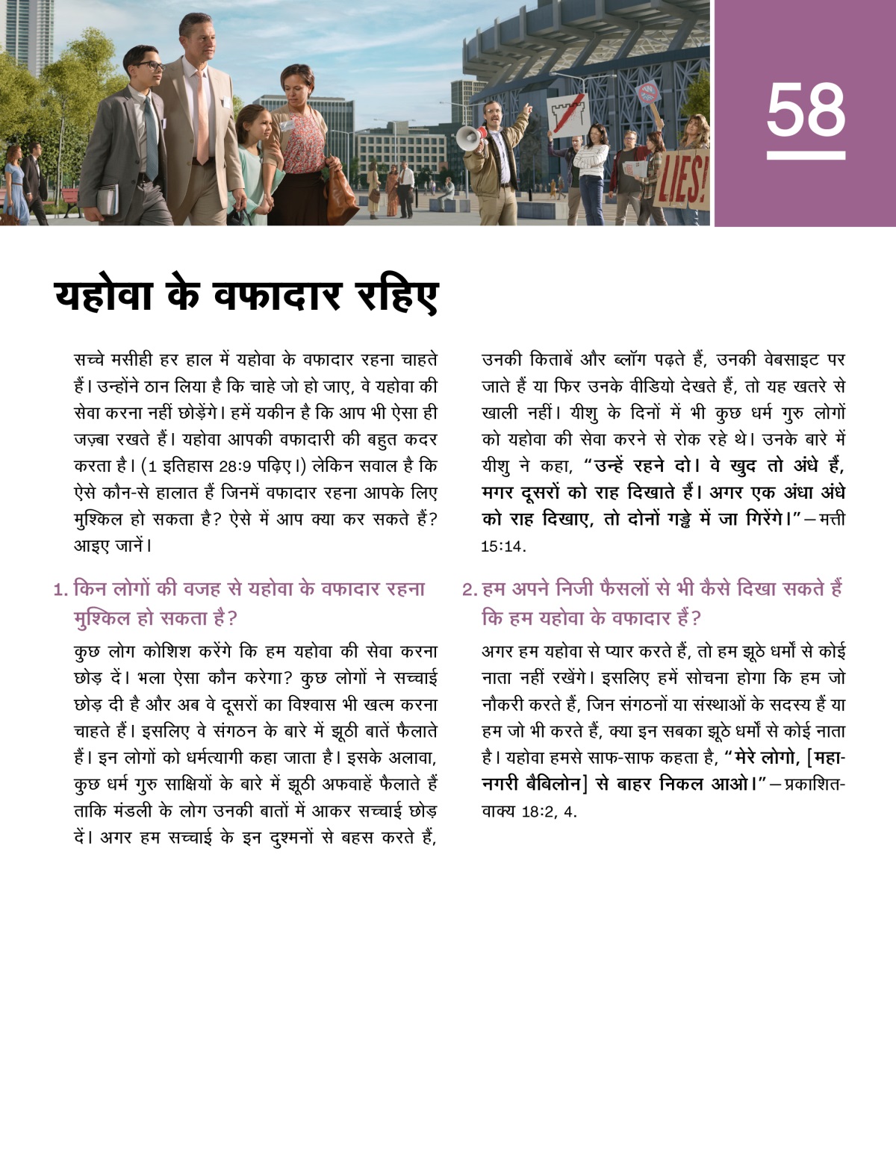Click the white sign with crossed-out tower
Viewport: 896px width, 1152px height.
click(x=568, y=115)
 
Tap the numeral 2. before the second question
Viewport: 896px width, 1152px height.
click(x=469, y=590)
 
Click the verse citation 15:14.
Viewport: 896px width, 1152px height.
click(x=503, y=547)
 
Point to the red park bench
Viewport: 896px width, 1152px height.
click(x=68, y=196)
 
